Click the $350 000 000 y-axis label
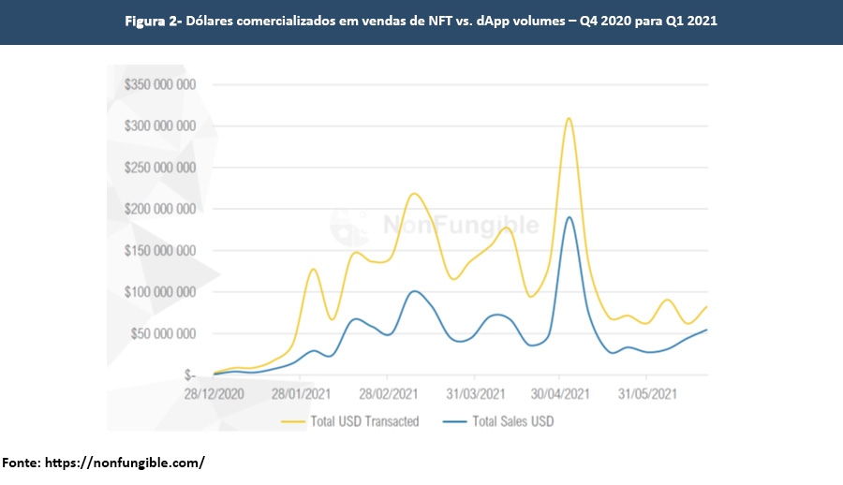pos(159,84)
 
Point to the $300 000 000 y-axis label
pos(159,126)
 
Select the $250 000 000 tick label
pos(159,168)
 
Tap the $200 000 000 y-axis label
pos(159,209)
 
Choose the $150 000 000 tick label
pos(159,251)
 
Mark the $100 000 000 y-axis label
pos(159,292)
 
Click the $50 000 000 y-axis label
pos(162,333)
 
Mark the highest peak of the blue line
pos(569,217)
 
